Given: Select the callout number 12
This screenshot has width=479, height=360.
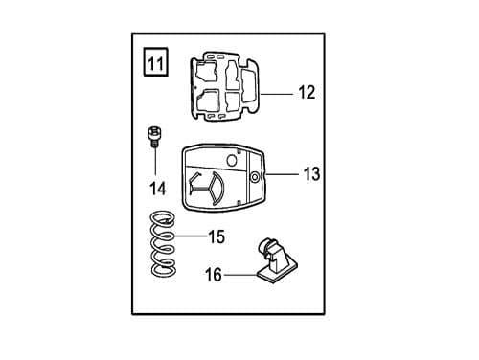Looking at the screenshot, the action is point(307,93).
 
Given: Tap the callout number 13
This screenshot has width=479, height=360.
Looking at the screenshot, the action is point(311,174).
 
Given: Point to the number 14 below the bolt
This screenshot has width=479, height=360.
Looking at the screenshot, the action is point(156,188).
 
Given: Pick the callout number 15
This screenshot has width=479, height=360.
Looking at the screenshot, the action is point(216,236).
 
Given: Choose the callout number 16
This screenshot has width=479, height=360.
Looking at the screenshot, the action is point(213,275).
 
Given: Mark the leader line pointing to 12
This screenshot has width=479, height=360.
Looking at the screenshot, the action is point(278,94).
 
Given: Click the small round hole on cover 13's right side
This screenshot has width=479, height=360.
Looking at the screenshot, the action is point(254,178).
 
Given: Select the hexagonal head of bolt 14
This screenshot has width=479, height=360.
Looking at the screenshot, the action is point(151,129).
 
